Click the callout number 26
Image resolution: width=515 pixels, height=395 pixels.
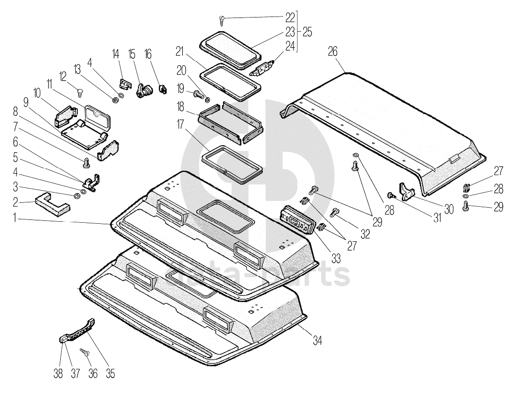tap(332, 51)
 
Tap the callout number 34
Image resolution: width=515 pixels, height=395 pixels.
tap(317, 341)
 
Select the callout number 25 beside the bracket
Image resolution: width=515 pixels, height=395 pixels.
tap(307, 32)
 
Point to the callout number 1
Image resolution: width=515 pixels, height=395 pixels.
tap(16, 219)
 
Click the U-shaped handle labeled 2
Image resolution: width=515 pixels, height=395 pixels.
tap(52, 205)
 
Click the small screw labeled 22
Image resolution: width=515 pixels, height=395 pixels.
tap(223, 20)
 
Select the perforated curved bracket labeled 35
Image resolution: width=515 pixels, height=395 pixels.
tap(81, 330)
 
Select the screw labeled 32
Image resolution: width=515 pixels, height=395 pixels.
tap(335, 212)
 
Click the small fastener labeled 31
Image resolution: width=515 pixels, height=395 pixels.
tap(390, 195)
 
